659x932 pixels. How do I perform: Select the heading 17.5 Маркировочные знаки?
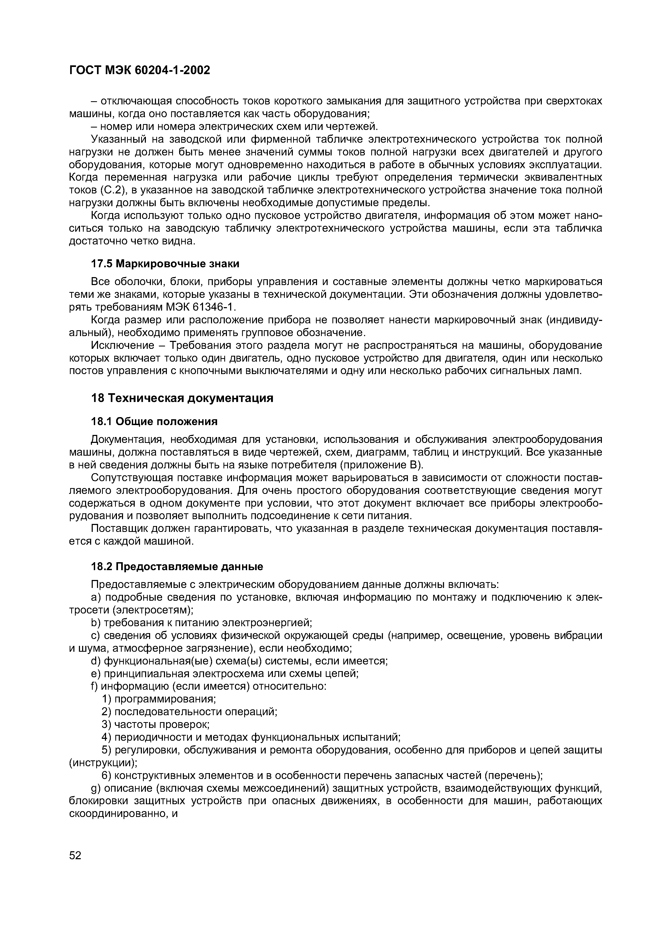click(165, 264)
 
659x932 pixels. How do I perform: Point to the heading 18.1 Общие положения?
click(154, 422)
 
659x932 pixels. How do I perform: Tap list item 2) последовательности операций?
click(189, 711)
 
